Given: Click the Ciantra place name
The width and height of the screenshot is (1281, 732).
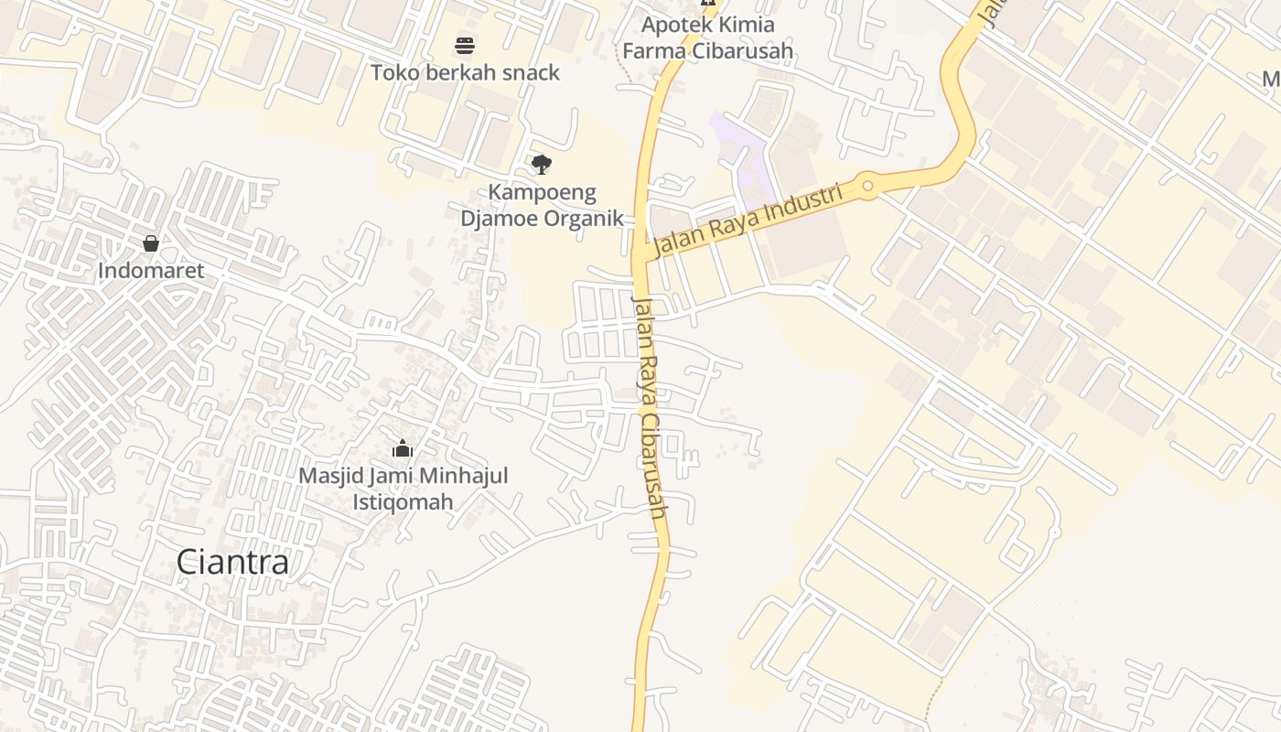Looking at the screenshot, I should (x=232, y=562).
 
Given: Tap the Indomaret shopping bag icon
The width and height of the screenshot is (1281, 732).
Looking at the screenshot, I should (x=151, y=243).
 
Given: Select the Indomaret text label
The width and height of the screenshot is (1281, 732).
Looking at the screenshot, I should (x=151, y=271).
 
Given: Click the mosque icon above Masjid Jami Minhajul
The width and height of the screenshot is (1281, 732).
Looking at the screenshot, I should (x=403, y=448).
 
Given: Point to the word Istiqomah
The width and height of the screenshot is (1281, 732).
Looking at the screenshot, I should (x=403, y=501).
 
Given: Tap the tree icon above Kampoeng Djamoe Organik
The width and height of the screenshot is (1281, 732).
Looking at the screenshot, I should (x=542, y=165).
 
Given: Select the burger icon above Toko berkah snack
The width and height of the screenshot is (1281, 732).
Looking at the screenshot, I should (x=465, y=46).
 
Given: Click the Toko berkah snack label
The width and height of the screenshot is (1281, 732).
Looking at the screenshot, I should (x=465, y=72).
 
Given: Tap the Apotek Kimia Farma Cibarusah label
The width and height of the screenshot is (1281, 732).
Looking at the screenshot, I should (x=707, y=38).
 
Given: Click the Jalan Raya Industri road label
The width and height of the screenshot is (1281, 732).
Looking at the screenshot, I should (x=748, y=221).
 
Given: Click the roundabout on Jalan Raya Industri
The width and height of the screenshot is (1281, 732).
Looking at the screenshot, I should (x=867, y=188).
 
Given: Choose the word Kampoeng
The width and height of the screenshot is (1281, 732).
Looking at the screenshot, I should (x=542, y=192).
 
